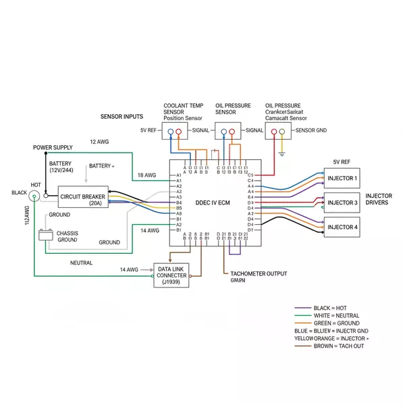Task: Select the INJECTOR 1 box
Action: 342,180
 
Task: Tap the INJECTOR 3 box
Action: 342,202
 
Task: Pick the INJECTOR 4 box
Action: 342,227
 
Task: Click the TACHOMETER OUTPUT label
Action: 259,274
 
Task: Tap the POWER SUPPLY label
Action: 53,147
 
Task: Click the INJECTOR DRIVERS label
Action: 379,200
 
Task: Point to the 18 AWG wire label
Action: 148,175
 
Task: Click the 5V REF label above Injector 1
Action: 342,162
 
